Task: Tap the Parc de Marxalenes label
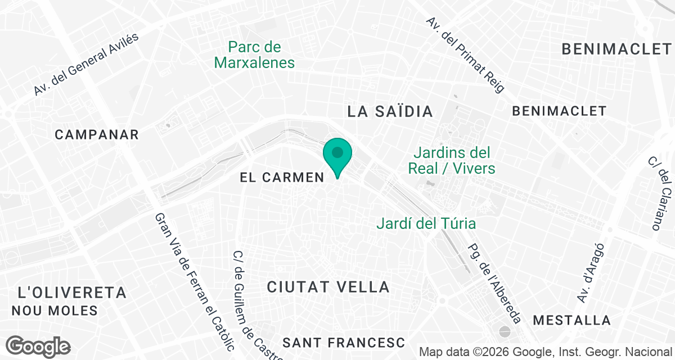pyautogui.click(x=255, y=55)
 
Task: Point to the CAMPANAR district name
pyautogui.click(x=97, y=134)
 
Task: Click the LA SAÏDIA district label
pyautogui.click(x=390, y=111)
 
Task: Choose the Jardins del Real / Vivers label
pyautogui.click(x=452, y=160)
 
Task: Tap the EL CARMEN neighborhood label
pyautogui.click(x=282, y=178)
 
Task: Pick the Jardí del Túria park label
pyautogui.click(x=426, y=223)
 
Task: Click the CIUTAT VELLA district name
pyautogui.click(x=328, y=287)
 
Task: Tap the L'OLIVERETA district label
pyautogui.click(x=72, y=292)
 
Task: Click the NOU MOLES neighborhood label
pyautogui.click(x=55, y=310)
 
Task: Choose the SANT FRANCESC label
pyautogui.click(x=344, y=342)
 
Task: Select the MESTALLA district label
pyautogui.click(x=571, y=321)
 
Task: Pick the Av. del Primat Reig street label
pyautogui.click(x=465, y=55)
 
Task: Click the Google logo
pyautogui.click(x=39, y=346)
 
